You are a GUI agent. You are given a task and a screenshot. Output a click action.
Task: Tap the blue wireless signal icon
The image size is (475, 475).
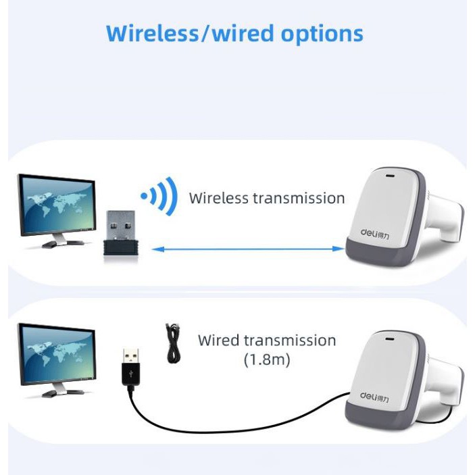point(159,197)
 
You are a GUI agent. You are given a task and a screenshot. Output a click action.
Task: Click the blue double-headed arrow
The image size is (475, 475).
point(247,249)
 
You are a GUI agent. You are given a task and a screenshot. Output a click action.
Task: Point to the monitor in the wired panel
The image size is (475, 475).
point(56,355)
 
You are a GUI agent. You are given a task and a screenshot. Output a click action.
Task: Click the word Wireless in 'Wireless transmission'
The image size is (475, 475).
point(219,198)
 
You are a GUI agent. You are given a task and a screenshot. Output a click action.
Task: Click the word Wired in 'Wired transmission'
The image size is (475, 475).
point(219,340)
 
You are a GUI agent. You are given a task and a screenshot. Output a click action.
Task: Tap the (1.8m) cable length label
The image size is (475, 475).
point(267,360)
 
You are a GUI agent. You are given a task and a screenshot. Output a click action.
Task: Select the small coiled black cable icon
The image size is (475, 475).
point(174,343)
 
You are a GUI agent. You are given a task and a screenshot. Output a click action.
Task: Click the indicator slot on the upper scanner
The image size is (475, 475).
point(390,178)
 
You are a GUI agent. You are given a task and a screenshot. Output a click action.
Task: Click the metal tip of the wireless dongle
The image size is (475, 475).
point(121,220)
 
